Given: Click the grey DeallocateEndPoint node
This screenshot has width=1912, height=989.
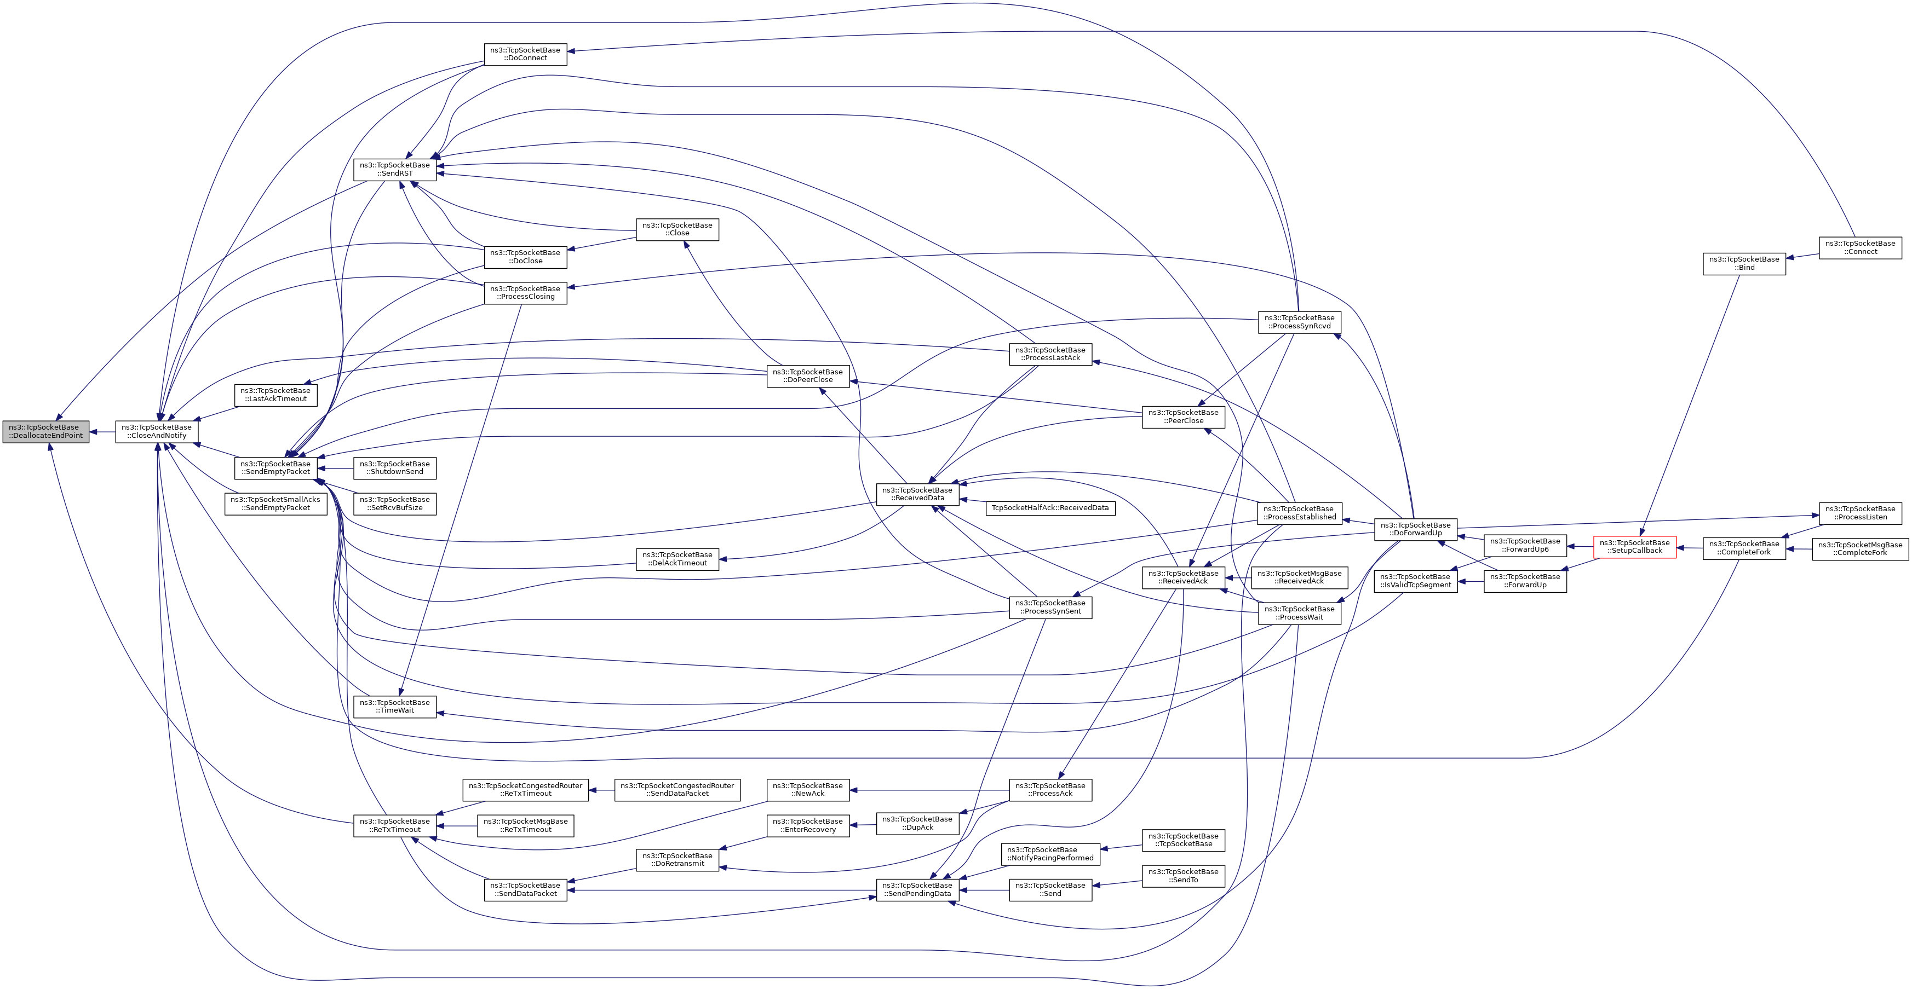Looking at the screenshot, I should coord(45,431).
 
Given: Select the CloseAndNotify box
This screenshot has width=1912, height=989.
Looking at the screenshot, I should coord(157,431).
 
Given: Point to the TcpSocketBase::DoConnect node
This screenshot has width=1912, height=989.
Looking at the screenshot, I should coord(525,54).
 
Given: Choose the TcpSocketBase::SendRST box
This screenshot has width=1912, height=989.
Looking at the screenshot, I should coord(394,169).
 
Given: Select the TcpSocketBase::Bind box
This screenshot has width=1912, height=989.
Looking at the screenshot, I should coord(1743,263).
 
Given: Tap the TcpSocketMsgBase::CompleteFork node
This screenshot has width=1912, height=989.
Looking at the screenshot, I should coord(1860,549).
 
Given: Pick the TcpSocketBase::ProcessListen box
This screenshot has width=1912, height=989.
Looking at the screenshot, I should coord(1860,513).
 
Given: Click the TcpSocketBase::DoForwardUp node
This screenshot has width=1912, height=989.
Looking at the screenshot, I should coord(1415,529).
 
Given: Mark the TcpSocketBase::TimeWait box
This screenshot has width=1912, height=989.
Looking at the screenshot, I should coord(394,707).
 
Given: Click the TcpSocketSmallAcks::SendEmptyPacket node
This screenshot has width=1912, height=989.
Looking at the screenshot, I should coord(275,504).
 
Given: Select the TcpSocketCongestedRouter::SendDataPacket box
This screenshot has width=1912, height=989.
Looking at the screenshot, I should coord(677,789).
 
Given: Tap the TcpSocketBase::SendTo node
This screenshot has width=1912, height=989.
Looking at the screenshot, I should coord(1183,876).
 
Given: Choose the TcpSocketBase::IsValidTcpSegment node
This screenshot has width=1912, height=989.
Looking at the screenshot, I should coord(1415,581).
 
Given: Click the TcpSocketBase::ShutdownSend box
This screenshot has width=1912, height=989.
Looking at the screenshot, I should coord(394,467).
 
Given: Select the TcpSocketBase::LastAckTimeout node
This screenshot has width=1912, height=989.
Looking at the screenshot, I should coord(275,395).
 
